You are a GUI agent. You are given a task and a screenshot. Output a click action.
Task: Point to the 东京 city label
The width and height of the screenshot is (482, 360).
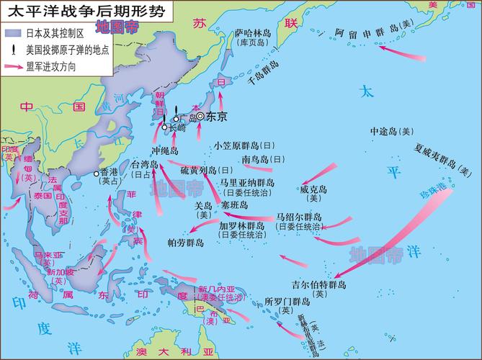tap(216, 116)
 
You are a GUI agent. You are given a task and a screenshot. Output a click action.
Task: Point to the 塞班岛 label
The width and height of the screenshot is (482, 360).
tap(234, 205)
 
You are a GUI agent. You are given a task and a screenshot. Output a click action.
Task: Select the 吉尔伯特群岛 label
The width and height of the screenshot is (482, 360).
tap(319, 285)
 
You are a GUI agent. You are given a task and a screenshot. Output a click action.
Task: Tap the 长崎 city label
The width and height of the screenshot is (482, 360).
tap(176, 127)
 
